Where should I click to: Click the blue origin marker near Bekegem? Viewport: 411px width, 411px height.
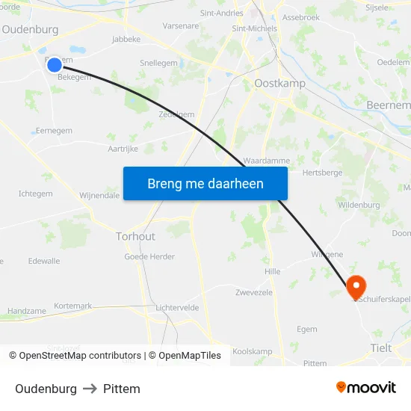[x=55, y=65]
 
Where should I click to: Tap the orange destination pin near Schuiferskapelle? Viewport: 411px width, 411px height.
[x=356, y=286]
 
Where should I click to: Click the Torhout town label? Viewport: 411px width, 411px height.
[x=135, y=236]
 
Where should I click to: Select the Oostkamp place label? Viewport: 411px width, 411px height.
[x=279, y=84]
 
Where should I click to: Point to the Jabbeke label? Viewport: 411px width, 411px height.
[x=126, y=39]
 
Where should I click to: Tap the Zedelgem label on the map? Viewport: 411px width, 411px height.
[x=176, y=114]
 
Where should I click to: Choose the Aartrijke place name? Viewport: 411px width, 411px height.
[x=123, y=149]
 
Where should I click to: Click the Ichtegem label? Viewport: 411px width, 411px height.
[x=35, y=194]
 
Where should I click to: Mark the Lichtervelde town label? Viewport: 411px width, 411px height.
[x=178, y=307]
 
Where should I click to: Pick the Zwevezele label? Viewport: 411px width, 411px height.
[x=254, y=292]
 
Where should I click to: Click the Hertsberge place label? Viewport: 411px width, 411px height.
[x=322, y=172]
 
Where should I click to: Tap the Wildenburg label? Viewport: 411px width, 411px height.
[x=359, y=205]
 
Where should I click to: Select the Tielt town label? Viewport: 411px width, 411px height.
[x=381, y=347]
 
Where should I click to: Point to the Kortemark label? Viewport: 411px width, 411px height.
[x=73, y=306]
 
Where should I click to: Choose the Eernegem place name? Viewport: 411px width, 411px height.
[x=54, y=131]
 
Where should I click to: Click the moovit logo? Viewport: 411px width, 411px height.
[x=366, y=387]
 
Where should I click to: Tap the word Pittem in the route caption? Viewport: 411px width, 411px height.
[x=122, y=389]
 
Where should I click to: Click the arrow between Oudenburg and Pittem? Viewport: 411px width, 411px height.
[x=90, y=389]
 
